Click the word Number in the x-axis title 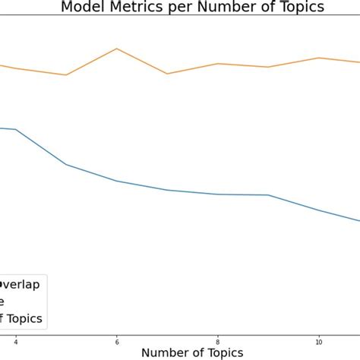[x=168, y=352]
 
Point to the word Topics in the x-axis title [x=224, y=352]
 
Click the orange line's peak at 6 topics [x=116, y=49]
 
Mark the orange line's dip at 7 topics [x=167, y=74]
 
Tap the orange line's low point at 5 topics [x=66, y=74]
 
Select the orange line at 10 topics [x=319, y=58]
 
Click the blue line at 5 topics [x=66, y=164]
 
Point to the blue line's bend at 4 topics [x=15, y=130]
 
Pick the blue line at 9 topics [x=268, y=195]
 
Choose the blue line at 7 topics [x=167, y=190]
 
